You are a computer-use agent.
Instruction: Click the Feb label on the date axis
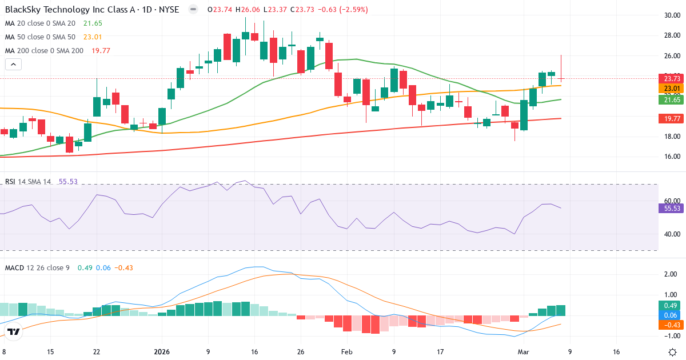(347, 352)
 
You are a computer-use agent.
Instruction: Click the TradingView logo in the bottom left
(14, 331)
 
